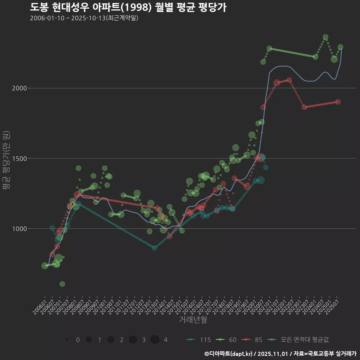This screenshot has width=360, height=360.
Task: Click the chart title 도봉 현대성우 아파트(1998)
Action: [x=128, y=7]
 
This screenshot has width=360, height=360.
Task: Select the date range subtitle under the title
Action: [x=84, y=18]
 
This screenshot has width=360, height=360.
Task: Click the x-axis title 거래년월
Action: [x=193, y=319]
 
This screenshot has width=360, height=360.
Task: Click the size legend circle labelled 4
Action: [x=155, y=340]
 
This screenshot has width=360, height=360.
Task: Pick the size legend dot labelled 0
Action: [x=67, y=340]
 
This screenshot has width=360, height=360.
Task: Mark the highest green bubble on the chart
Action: [x=325, y=37]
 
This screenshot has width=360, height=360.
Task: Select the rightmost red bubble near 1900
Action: [x=338, y=102]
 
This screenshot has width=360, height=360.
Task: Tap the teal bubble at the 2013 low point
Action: [x=154, y=248]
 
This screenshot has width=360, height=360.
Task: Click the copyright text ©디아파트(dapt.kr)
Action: [x=229, y=354]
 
